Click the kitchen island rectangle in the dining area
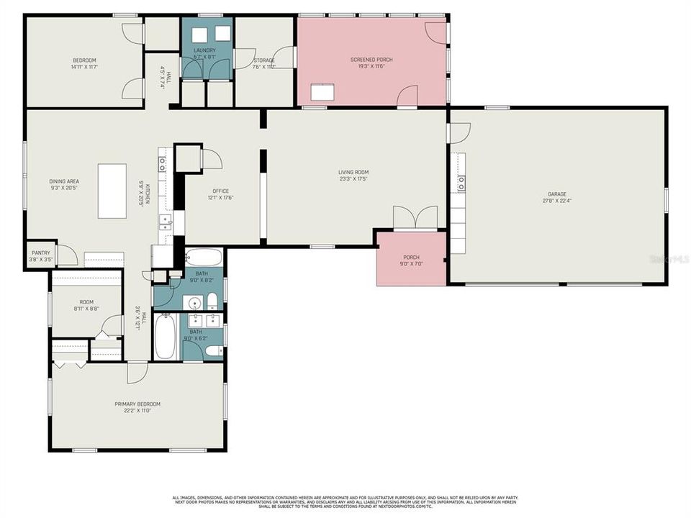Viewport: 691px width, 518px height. tap(112, 191)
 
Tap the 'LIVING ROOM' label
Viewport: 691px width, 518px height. tap(353, 172)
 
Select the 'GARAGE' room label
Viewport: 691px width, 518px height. tap(556, 194)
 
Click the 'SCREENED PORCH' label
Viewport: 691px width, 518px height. tap(371, 59)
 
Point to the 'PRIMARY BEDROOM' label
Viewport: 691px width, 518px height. tap(137, 404)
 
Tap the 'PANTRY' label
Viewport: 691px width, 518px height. tap(40, 253)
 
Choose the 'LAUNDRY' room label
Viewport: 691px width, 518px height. tap(205, 50)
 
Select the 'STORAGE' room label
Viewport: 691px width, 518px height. tap(263, 60)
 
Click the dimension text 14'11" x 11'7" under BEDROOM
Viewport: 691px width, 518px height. tap(84, 67)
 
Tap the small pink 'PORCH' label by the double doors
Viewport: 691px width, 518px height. tap(411, 257)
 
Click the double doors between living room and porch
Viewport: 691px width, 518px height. tap(415, 217)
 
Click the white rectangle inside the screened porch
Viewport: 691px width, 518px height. tap(324, 93)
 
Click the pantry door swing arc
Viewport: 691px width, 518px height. tap(67, 255)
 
